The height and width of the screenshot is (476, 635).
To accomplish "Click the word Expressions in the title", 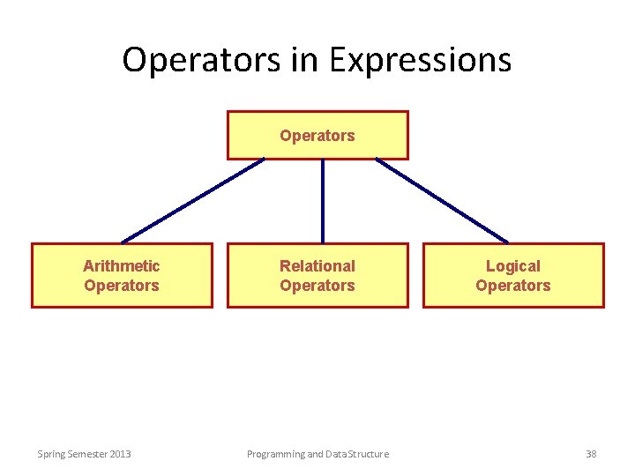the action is tap(420, 60).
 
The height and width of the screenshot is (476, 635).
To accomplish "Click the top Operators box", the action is tap(317, 135).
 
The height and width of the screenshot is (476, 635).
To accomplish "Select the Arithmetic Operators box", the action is tap(122, 275).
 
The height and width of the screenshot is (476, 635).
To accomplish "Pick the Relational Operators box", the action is tap(317, 275).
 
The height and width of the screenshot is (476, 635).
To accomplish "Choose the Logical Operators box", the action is tap(513, 275).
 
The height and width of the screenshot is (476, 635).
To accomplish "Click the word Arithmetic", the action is tap(122, 265).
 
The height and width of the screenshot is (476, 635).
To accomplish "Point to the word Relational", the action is tap(317, 265).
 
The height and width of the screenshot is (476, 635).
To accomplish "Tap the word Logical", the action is tap(513, 265).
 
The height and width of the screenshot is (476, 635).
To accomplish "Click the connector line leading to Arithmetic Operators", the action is tap(192, 201).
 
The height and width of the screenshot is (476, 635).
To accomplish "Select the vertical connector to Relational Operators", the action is tap(323, 201).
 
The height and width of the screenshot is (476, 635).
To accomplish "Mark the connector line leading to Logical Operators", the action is tap(443, 201).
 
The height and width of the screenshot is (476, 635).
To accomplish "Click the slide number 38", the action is tap(591, 454).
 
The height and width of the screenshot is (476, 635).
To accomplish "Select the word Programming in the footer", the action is tap(275, 454).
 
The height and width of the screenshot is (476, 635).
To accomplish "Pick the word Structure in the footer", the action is tap(366, 454).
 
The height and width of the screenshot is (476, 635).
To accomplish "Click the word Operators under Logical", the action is tap(513, 286).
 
